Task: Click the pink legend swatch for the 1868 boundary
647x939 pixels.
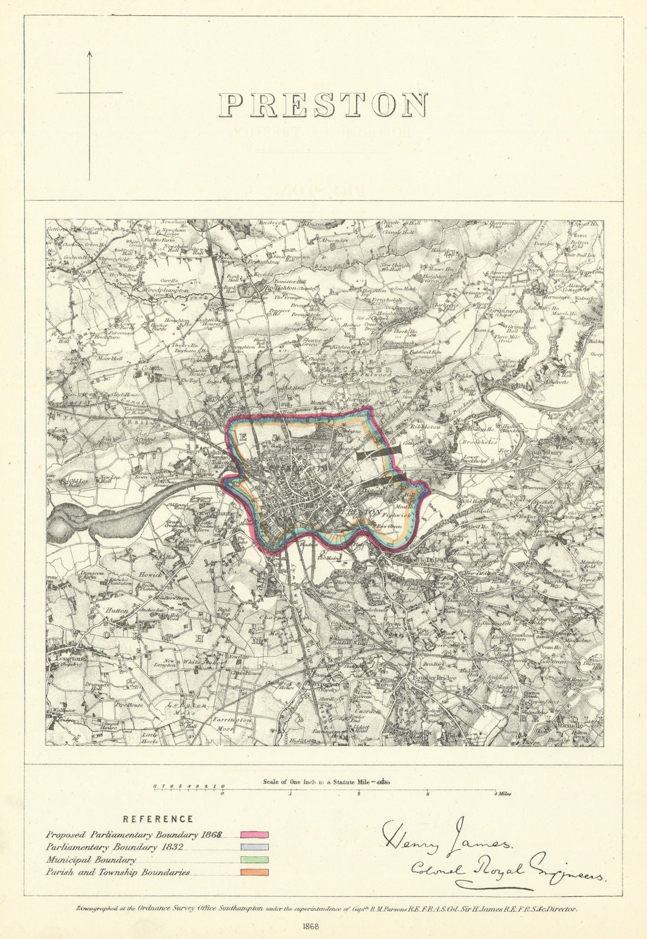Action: pos(254,835)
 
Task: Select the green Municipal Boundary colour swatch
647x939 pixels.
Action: pos(254,860)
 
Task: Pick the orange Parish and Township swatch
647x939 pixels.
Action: pos(254,873)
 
